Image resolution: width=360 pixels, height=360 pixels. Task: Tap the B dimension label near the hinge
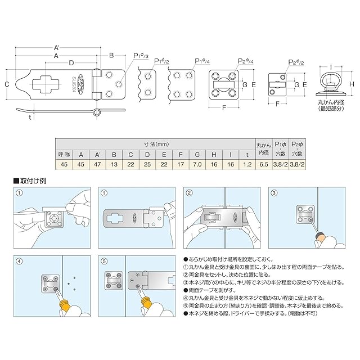point(111,55)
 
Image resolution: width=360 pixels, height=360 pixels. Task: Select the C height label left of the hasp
point(7,84)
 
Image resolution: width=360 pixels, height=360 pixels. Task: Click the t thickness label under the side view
point(29,118)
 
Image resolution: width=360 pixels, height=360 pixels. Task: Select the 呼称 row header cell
point(65,154)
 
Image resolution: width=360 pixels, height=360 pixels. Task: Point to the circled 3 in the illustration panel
point(274,192)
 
